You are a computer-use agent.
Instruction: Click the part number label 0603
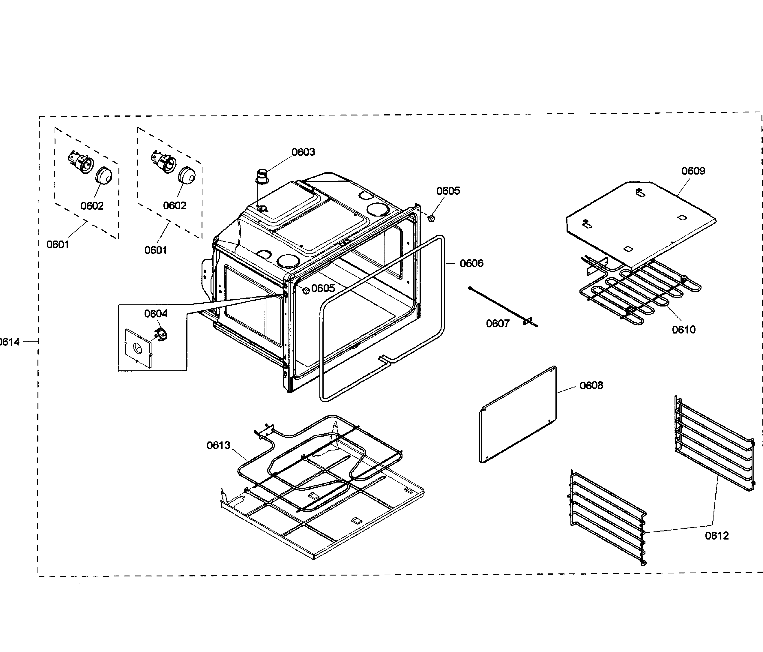click(303, 152)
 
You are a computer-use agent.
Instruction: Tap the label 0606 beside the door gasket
click(471, 263)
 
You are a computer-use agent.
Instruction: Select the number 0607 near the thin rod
click(498, 324)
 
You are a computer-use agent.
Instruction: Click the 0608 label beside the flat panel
click(591, 385)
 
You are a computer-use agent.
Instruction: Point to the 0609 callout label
click(693, 171)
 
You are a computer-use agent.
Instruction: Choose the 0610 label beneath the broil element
click(684, 330)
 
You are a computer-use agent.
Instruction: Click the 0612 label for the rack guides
click(717, 536)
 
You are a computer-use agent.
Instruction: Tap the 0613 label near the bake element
click(218, 445)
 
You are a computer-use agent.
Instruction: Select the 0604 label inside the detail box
click(156, 314)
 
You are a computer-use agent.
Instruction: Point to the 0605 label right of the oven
click(448, 191)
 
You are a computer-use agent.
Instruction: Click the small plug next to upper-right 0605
click(431, 219)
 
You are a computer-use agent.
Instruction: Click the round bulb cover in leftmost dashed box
click(104, 176)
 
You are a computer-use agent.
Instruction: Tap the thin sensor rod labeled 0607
click(503, 307)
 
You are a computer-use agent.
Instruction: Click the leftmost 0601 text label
click(58, 244)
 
